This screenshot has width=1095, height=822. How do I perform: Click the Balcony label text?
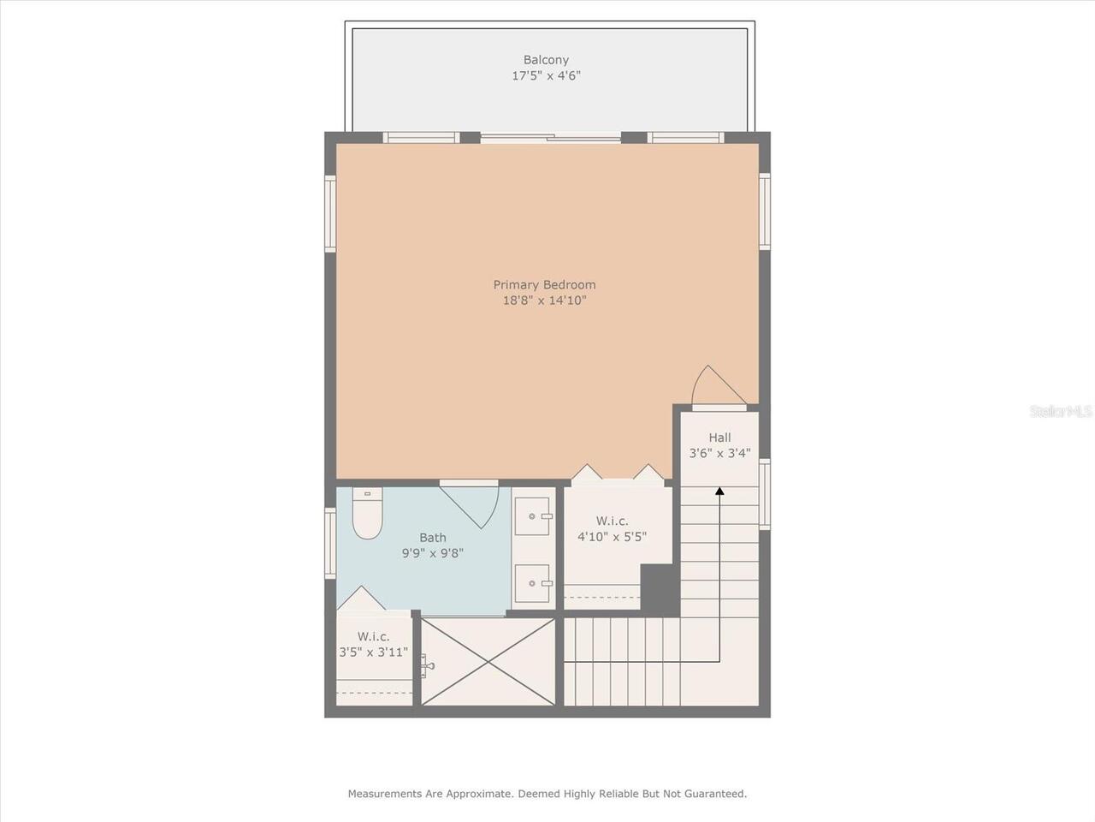[546, 60]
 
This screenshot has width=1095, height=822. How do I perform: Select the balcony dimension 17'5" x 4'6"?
[546, 75]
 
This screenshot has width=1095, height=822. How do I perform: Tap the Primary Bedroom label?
[544, 285]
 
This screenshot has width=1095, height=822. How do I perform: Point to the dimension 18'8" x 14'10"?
[544, 301]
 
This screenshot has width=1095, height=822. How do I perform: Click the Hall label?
[719, 438]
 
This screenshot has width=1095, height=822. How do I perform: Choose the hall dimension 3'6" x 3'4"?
[719, 453]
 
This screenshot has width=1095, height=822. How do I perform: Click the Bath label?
[432, 538]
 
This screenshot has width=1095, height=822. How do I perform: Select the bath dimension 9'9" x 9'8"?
[432, 553]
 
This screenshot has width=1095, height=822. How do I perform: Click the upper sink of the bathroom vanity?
[533, 516]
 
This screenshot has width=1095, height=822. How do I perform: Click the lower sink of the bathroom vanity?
[533, 584]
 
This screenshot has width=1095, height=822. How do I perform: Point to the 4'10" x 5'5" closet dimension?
[612, 537]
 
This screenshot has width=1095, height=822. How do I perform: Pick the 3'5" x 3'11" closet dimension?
[373, 652]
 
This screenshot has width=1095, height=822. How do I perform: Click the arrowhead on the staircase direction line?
[719, 491]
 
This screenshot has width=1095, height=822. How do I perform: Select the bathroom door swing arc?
[476, 505]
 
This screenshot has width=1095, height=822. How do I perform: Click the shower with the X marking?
[488, 661]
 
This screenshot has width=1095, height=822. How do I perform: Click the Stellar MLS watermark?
[1061, 411]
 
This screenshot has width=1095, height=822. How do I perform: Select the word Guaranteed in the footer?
[715, 794]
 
